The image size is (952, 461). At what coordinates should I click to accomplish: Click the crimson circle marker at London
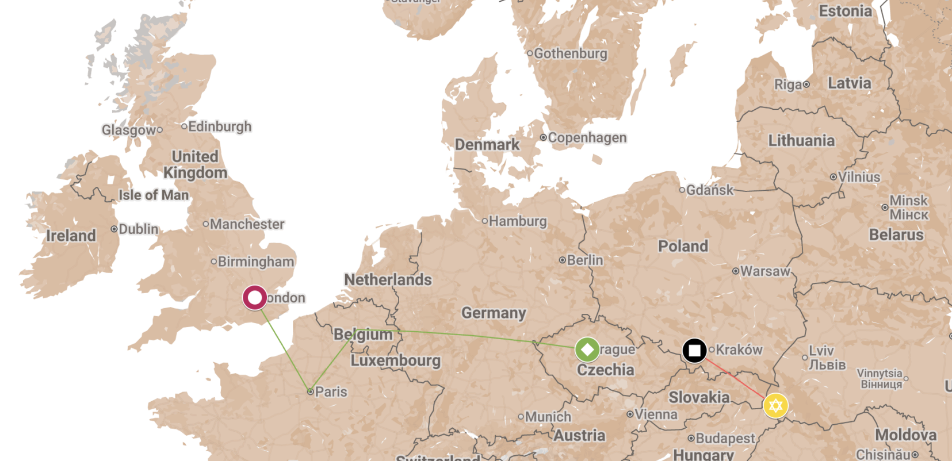tap(254, 298)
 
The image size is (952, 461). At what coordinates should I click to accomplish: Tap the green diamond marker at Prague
tap(587, 349)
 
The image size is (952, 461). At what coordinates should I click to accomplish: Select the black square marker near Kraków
tap(694, 350)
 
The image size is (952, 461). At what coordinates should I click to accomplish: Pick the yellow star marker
tap(775, 406)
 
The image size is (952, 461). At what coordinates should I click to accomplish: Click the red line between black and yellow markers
tap(735, 378)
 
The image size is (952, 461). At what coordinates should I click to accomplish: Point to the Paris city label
tap(331, 392)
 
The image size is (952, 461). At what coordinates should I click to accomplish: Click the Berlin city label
tap(584, 260)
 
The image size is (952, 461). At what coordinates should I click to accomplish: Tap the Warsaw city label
tap(765, 271)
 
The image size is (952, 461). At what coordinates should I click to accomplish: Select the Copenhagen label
tap(587, 138)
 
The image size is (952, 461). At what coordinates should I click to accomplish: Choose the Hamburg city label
tap(517, 221)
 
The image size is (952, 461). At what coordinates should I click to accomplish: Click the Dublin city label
tap(138, 229)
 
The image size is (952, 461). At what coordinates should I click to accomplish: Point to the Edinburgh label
tap(219, 126)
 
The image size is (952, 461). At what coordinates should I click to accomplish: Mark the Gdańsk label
tap(710, 190)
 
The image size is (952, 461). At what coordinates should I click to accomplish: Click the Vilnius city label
tap(858, 177)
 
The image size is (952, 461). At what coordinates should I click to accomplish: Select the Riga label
tap(788, 85)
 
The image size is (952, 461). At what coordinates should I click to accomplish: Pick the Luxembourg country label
tap(396, 361)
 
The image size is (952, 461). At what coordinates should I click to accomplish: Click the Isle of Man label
tap(154, 195)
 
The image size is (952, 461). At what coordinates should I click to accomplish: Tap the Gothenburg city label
tap(570, 53)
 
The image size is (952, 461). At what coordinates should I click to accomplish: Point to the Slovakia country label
tap(699, 397)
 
